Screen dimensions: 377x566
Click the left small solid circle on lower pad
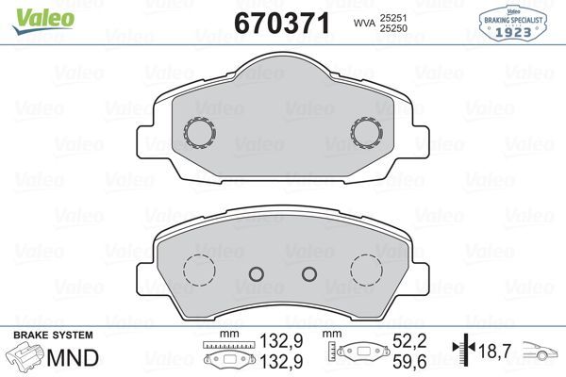point(255,274)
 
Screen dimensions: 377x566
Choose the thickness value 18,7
point(495,351)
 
